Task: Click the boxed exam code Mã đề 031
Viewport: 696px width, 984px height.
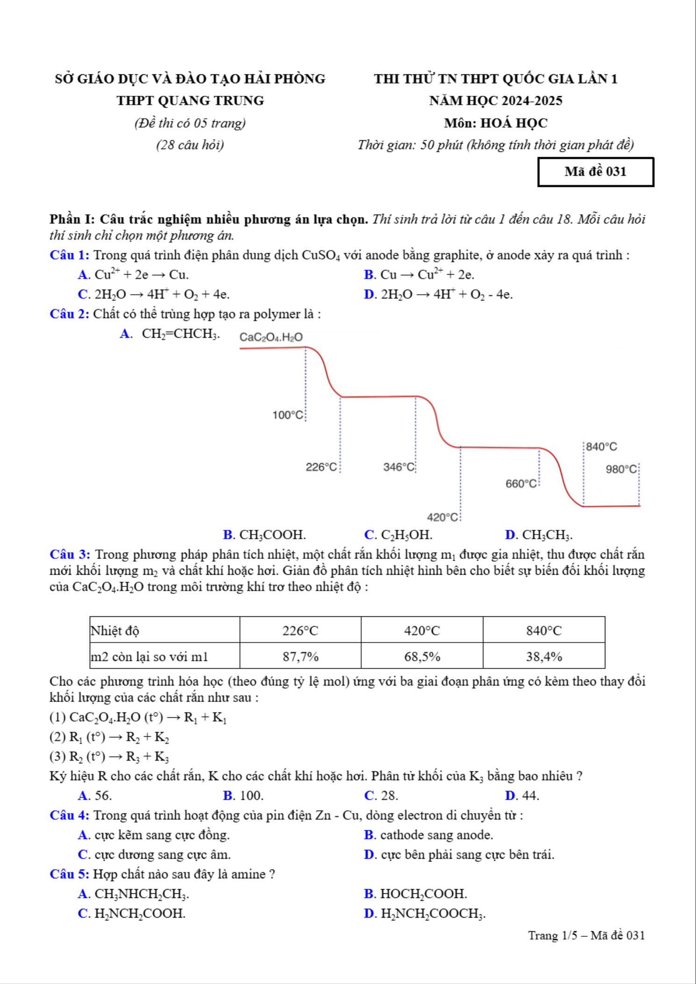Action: [x=596, y=172]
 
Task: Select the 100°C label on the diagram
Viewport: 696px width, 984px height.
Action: [x=288, y=415]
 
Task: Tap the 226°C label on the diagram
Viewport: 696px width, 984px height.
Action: [x=321, y=467]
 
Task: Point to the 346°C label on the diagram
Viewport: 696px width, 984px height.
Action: [x=398, y=467]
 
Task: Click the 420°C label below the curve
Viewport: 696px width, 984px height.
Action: [x=442, y=517]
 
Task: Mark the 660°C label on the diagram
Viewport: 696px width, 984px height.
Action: [x=521, y=484]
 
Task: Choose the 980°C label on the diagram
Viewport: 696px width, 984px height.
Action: [x=621, y=469]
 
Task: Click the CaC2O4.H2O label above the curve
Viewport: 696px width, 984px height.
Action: [x=271, y=337]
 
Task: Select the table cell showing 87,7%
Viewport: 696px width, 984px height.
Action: [x=300, y=656]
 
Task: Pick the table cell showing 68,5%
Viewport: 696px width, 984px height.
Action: [x=422, y=656]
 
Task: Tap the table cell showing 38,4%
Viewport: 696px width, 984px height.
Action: [x=544, y=656]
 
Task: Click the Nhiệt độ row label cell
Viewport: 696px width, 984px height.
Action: [x=164, y=631]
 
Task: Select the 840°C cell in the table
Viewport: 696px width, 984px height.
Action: [x=544, y=631]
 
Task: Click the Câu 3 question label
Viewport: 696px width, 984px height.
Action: [x=70, y=555]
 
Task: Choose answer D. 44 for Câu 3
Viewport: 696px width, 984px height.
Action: [x=522, y=795]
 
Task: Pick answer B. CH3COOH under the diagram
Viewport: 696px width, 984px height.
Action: [x=264, y=535]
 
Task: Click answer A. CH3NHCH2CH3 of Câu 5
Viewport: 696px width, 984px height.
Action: [x=134, y=893]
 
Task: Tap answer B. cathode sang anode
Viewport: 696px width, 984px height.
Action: [x=428, y=834]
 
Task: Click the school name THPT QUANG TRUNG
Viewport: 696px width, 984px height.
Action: [x=190, y=100]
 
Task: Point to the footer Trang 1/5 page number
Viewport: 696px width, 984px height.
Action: [x=586, y=935]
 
